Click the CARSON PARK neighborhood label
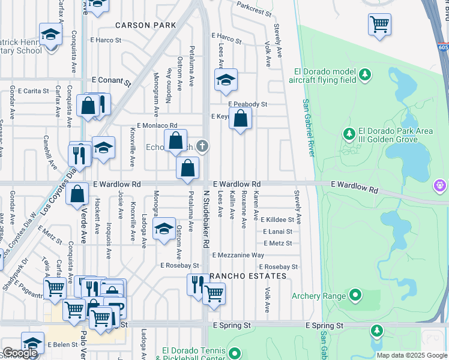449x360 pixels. coord(146,25)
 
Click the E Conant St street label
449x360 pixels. coord(111,79)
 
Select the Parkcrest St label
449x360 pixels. coord(254,9)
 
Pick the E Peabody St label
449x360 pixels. coord(247,104)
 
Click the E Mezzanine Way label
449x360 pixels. coord(238,255)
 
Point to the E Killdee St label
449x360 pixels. coord(277,220)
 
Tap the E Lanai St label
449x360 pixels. coord(277,232)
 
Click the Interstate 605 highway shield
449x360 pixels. coord(444,46)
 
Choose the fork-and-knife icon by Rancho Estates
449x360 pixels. coord(196,284)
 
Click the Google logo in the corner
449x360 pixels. coord(20,353)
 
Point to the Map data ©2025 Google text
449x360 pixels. coord(412,355)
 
